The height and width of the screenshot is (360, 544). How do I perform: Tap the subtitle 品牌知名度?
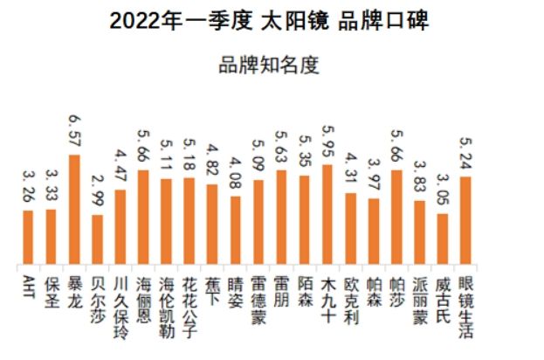[271, 66]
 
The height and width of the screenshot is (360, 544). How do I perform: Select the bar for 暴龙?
[74, 210]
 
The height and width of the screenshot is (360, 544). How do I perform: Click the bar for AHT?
[28, 238]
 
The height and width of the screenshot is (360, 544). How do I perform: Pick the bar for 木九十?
[327, 215]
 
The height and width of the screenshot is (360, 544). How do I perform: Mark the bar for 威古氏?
[443, 239]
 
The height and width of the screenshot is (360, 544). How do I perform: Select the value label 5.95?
[327, 143]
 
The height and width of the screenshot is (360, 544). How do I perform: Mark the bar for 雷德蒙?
[258, 223]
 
